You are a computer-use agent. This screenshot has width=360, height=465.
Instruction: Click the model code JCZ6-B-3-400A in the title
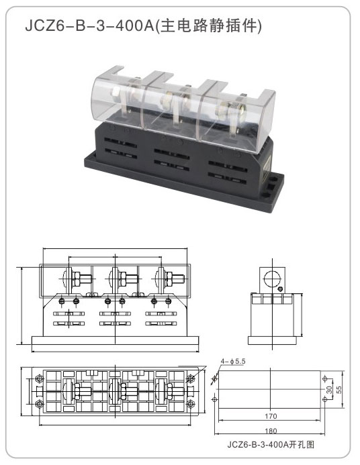[89, 25]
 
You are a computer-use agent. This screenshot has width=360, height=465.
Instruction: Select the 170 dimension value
[271, 416]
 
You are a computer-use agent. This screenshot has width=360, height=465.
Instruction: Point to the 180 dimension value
[271, 431]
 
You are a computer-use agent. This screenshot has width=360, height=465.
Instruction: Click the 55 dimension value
[339, 389]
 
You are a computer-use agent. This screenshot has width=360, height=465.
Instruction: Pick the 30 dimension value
[329, 390]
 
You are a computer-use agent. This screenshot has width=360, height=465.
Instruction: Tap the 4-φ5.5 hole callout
[233, 361]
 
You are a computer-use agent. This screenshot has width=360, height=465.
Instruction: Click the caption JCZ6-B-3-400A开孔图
[271, 445]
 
